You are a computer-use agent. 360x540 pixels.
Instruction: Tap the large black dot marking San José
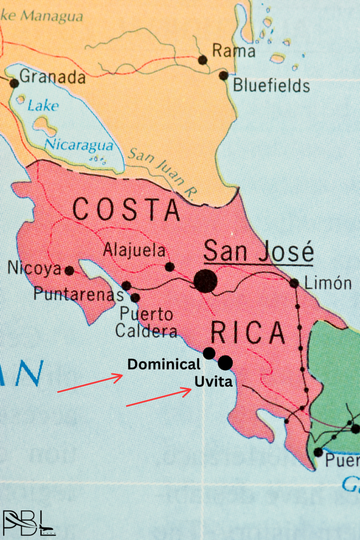click(205, 281)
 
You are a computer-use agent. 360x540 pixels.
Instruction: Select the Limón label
click(328, 283)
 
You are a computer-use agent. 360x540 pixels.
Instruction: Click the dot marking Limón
click(294, 283)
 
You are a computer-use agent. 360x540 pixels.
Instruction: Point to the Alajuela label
click(135, 250)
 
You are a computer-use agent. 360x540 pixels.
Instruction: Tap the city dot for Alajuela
click(170, 267)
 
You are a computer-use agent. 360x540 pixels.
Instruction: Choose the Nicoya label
click(34, 269)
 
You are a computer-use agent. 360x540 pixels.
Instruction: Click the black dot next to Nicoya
click(69, 270)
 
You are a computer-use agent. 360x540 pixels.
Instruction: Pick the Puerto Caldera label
click(146, 322)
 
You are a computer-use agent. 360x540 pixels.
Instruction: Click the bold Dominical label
click(164, 364)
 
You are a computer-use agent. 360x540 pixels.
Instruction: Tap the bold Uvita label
click(213, 382)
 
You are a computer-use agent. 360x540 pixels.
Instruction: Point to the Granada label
click(52, 76)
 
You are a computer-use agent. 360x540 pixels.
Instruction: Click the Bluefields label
click(271, 86)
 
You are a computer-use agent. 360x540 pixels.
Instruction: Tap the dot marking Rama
click(202, 60)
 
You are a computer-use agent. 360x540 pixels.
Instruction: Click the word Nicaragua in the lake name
click(79, 145)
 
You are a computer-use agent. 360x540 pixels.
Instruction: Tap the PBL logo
click(28, 522)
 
